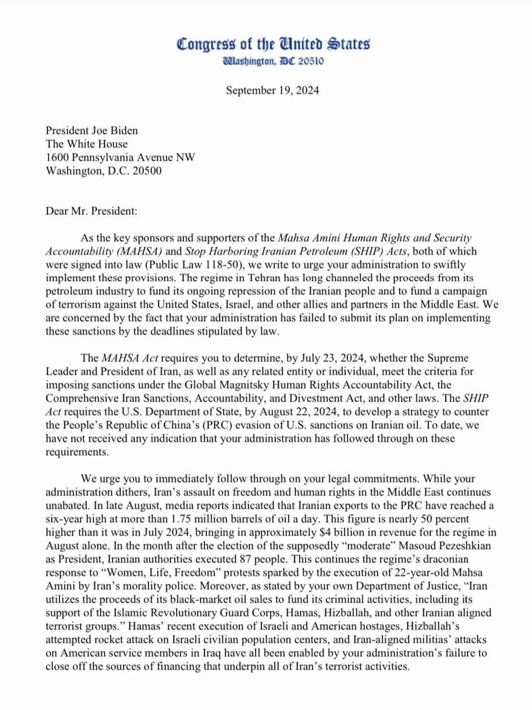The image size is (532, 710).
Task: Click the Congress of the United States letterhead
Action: click(273, 44)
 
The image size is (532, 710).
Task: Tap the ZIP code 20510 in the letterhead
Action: click(311, 61)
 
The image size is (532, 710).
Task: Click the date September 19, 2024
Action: click(272, 90)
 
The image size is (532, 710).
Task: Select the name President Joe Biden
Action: click(91, 131)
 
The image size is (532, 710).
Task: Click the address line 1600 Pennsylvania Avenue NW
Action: click(120, 158)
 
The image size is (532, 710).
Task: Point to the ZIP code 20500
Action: click(147, 171)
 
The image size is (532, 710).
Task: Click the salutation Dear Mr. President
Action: click(91, 211)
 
